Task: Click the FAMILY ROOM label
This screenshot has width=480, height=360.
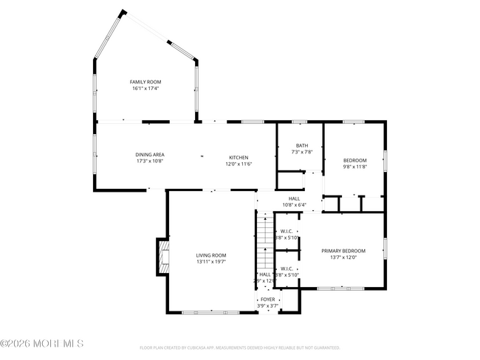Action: (145, 82)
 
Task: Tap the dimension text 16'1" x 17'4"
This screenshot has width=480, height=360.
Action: (145, 89)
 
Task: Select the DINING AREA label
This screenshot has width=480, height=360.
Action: (149, 154)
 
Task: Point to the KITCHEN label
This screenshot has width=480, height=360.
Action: (239, 157)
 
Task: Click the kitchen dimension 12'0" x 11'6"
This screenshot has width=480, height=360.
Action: (239, 164)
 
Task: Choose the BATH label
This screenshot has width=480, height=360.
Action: (302, 145)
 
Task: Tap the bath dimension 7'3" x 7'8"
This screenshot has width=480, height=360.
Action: (302, 152)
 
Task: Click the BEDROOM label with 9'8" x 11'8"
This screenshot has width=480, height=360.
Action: (354, 160)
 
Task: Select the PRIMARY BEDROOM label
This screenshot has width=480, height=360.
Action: (343, 251)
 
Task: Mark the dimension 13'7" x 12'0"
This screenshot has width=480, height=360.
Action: (343, 257)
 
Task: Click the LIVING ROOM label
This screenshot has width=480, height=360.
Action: (211, 255)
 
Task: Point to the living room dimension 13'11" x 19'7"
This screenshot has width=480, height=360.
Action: (211, 261)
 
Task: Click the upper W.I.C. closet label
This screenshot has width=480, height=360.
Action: (287, 231)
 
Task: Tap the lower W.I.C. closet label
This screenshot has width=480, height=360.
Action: (287, 269)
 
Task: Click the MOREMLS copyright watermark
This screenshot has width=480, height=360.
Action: (42, 343)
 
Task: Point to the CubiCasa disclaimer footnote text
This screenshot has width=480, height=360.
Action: (239, 347)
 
